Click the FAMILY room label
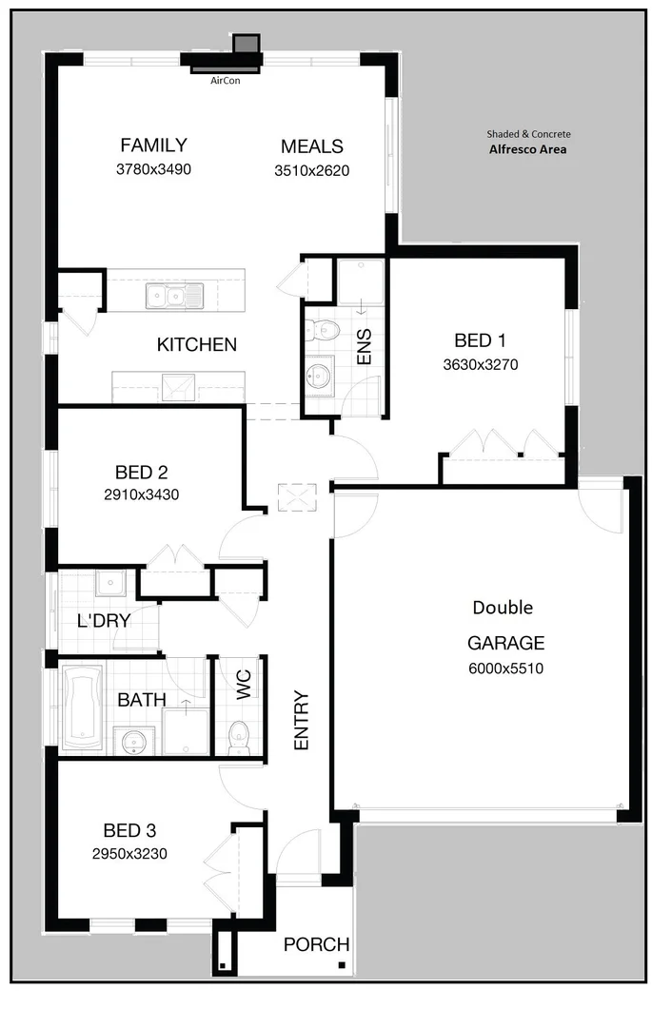click(x=153, y=145)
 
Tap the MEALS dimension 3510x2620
click(x=311, y=171)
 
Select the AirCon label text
click(x=226, y=82)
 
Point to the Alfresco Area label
click(x=528, y=148)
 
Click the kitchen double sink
click(x=174, y=297)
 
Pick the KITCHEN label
click(x=196, y=344)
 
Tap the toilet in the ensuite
click(x=324, y=330)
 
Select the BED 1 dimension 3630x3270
click(x=480, y=363)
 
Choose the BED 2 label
click(x=141, y=472)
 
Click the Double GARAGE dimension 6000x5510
click(x=505, y=669)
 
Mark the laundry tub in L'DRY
click(x=109, y=582)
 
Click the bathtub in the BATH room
click(x=82, y=706)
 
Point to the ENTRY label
click(x=302, y=720)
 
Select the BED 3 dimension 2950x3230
click(x=129, y=854)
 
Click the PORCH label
click(x=316, y=945)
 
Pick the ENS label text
click(x=365, y=347)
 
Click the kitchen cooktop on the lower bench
click(x=177, y=387)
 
